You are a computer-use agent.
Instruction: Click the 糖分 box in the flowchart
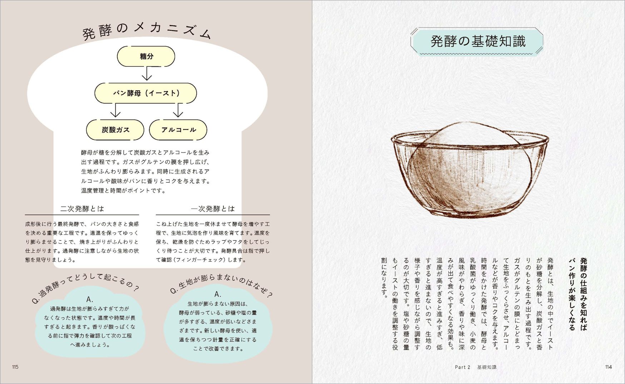146,56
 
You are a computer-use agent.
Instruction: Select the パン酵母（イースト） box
146,93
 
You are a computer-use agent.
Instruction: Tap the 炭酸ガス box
115,130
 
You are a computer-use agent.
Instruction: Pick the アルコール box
178,130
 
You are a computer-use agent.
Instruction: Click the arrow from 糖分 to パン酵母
147,74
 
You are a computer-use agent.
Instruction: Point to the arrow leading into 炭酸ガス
115,110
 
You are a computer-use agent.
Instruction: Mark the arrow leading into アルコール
178,110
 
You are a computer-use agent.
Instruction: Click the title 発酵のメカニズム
147,31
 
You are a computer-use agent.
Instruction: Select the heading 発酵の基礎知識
478,41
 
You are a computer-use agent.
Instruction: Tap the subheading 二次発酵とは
82,209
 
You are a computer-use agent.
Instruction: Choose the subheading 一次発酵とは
213,209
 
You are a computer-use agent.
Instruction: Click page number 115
15,367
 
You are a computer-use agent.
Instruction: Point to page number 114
609,367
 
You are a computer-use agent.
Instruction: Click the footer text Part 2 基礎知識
476,367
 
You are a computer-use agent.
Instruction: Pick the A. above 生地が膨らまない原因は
218,294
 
